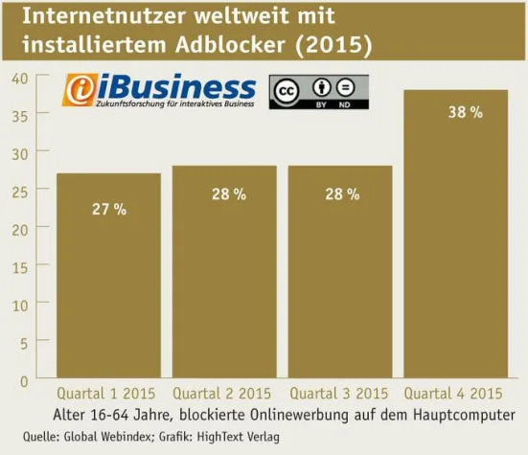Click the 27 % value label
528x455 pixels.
tap(108, 210)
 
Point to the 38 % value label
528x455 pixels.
tap(465, 113)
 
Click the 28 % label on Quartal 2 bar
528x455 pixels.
tap(228, 194)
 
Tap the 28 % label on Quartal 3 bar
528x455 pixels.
tap(342, 194)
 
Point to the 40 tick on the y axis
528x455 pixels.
tap(18, 77)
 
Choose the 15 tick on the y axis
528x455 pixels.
tap(18, 265)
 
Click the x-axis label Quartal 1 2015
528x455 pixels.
tap(106, 394)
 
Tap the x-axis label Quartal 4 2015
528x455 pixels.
tap(453, 394)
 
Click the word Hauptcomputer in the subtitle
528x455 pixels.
tap(466, 414)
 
